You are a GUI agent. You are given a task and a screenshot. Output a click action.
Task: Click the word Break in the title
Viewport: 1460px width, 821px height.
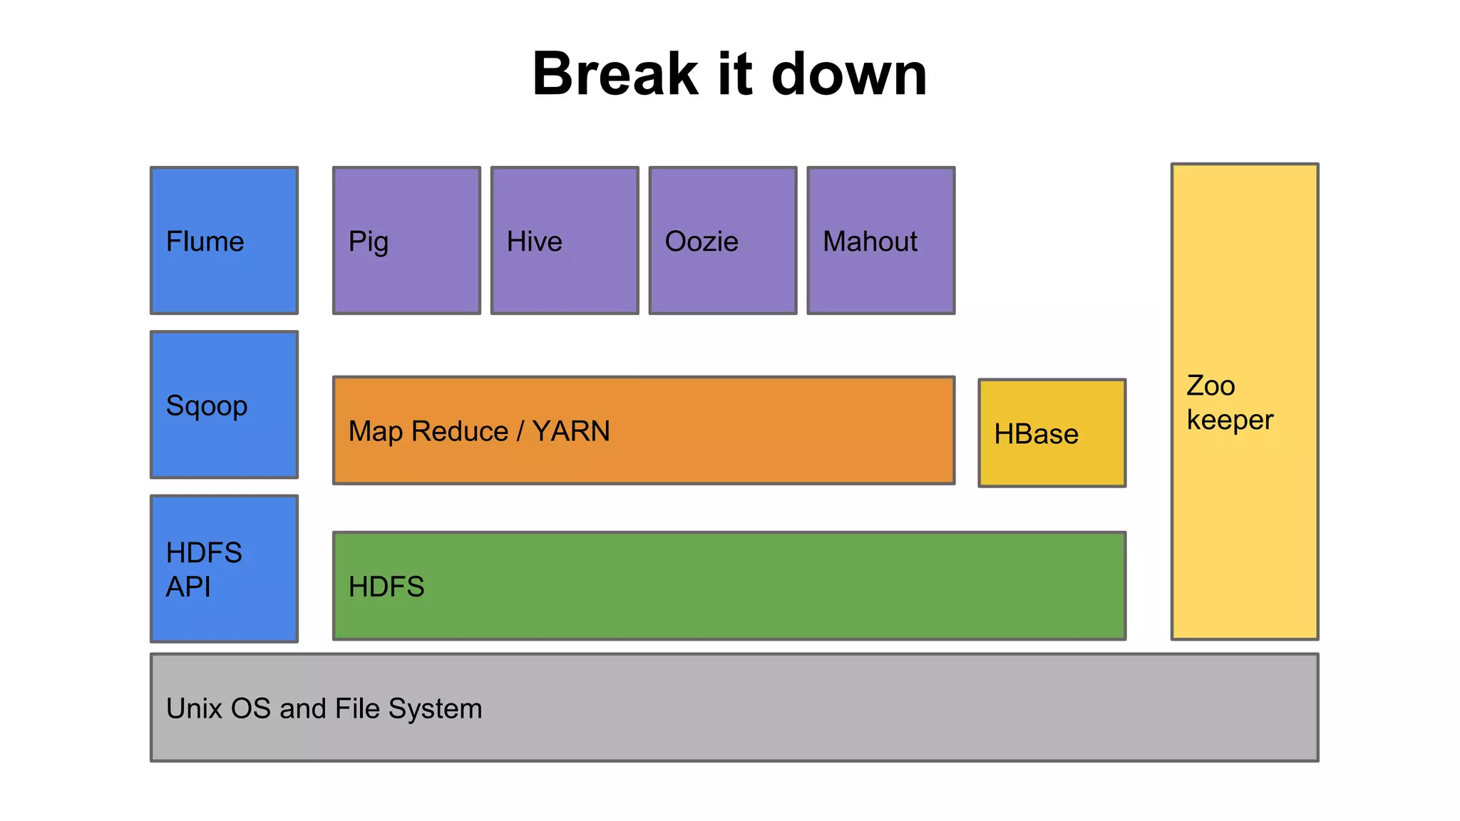615,74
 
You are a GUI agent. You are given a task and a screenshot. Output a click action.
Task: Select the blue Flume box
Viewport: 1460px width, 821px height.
224,241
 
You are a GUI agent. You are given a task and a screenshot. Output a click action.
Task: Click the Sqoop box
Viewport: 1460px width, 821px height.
224,405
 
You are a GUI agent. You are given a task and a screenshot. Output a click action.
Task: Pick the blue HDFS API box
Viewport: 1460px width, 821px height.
224,569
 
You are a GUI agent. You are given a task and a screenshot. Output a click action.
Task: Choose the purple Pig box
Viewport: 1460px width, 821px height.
406,241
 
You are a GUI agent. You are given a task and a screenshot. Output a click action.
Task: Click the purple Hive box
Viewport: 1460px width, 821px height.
565,241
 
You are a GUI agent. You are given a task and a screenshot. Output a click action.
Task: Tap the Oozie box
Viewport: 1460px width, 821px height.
723,241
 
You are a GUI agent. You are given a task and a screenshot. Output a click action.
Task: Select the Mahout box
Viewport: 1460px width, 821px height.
881,241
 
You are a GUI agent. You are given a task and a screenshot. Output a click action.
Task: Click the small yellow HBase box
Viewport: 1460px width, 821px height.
1052,433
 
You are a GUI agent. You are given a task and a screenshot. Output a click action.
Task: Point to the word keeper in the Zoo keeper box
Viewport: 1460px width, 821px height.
1230,420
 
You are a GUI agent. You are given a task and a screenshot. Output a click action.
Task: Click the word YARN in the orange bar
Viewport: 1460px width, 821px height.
571,431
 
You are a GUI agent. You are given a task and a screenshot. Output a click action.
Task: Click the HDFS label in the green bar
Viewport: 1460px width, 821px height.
386,587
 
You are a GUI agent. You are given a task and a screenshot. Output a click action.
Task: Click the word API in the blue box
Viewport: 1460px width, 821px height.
188,587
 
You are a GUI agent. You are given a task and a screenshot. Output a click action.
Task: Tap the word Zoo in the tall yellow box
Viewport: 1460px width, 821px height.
1210,386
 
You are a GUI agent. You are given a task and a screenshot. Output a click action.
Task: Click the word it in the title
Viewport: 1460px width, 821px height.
734,74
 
